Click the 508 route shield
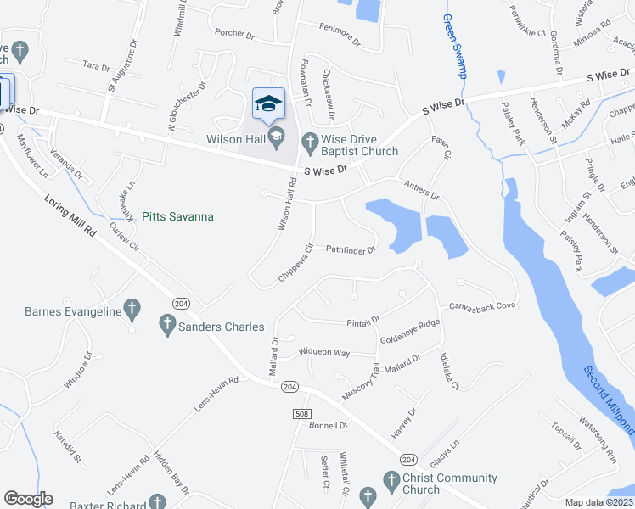[301, 413]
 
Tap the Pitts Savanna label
[177, 217]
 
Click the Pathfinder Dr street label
[351, 250]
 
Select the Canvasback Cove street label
[483, 305]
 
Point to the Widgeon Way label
[323, 352]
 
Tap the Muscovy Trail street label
[360, 383]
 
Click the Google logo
[28, 499]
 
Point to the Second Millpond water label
[610, 400]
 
